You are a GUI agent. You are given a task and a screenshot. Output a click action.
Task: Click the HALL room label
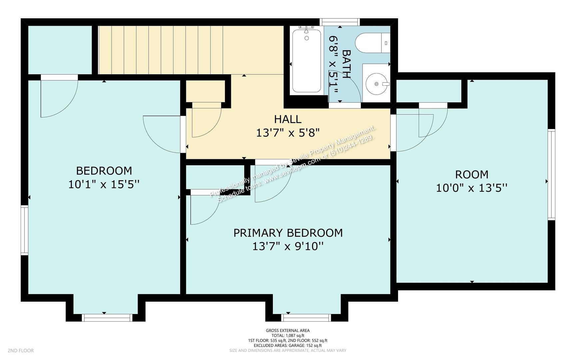point(288,119)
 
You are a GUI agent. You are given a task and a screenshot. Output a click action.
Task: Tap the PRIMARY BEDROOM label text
point(288,233)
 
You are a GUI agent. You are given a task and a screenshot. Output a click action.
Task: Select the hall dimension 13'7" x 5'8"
point(288,133)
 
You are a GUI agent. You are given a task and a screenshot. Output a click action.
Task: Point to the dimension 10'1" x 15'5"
point(104,184)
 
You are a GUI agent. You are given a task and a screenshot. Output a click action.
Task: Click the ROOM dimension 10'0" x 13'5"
point(471,188)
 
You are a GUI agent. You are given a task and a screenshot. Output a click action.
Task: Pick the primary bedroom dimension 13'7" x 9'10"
point(288,246)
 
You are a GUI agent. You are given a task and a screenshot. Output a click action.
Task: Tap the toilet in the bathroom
point(372,43)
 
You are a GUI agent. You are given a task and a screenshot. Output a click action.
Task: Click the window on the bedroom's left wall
point(24,230)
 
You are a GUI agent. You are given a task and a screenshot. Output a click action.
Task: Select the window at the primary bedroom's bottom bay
point(306,318)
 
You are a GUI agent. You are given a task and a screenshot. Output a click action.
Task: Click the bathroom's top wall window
point(340,22)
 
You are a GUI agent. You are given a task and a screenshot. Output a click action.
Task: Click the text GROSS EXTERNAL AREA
point(288,331)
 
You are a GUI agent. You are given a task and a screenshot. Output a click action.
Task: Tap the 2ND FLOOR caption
point(21,351)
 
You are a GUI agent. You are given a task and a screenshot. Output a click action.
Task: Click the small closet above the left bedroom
point(60,50)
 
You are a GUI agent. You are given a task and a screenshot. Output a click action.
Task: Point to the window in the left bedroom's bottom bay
point(107,318)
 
